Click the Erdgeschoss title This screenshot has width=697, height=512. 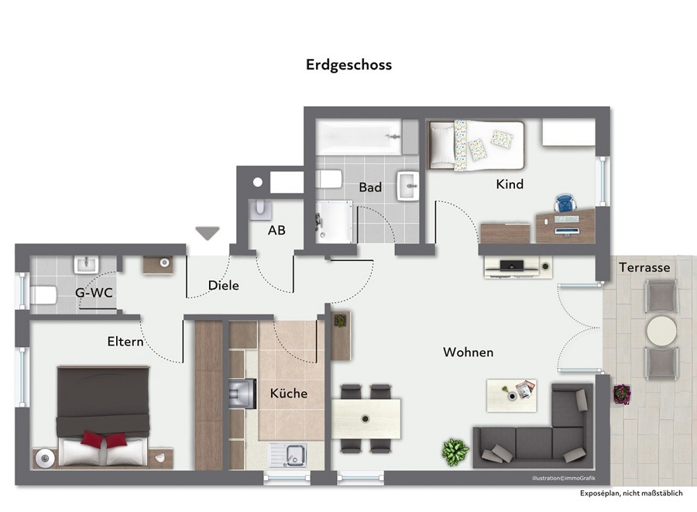349,65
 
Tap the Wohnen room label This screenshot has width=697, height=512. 468,352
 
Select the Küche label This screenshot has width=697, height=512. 289,393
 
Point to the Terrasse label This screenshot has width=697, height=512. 644,267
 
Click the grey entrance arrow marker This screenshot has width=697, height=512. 208,233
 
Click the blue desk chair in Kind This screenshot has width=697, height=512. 565,204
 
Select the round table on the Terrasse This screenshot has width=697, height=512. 661,331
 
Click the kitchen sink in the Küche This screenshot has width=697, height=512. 287,455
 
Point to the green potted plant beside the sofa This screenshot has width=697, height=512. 455,452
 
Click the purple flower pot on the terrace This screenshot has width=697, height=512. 621,394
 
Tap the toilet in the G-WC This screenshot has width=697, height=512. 43,295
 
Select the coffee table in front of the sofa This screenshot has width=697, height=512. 512,396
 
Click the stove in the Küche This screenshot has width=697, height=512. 242,393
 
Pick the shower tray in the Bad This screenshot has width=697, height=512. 334,222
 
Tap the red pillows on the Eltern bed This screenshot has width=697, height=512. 104,439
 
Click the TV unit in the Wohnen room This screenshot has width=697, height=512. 518,267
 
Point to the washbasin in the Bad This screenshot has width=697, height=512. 408,186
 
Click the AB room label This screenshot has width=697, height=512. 276,230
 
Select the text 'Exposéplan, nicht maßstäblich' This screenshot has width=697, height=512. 631,493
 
